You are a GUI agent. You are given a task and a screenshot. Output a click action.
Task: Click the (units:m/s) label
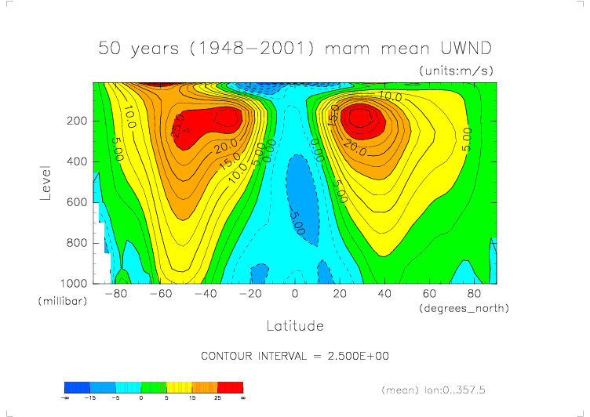coord(457,71)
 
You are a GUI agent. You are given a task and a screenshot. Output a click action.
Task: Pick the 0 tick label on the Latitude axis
coord(295,294)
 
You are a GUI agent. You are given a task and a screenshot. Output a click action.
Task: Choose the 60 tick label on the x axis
coord(429,294)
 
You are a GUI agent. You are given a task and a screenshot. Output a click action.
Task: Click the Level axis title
coord(46,182)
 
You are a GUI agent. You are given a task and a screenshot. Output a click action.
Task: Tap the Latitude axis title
coord(295,325)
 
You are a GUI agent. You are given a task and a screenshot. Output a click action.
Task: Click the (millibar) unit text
coord(60,301)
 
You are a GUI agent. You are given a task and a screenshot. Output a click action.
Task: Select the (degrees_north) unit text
coord(464,308)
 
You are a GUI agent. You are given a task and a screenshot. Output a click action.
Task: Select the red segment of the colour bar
coord(230,387)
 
